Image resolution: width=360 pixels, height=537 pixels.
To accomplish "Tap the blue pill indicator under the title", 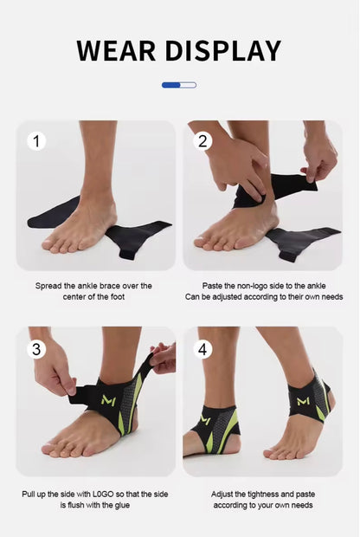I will (x=179, y=85).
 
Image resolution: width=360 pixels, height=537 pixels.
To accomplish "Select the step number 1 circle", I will (x=36, y=140).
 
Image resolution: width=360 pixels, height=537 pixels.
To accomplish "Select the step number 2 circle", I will (x=202, y=140).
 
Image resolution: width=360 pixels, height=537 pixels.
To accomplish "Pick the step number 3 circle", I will (x=36, y=349).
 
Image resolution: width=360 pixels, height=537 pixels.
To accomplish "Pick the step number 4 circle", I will (x=202, y=349).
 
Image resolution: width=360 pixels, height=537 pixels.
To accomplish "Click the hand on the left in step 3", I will (x=54, y=372).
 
